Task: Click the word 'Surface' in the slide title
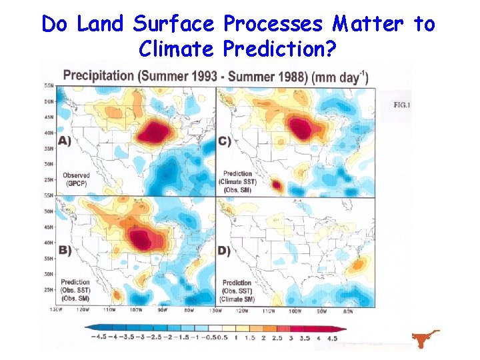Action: (175, 24)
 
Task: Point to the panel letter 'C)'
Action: (225, 141)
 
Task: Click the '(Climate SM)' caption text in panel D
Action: (238, 298)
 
